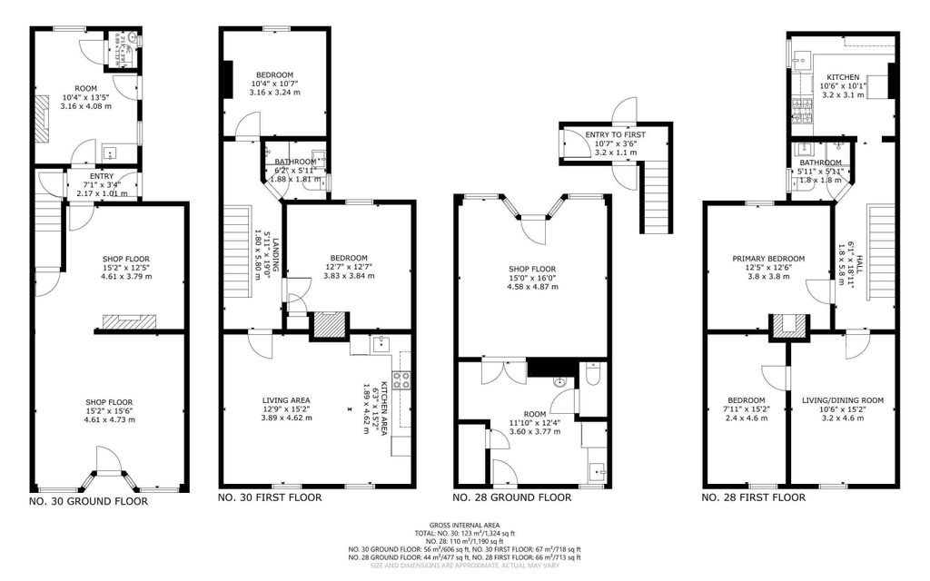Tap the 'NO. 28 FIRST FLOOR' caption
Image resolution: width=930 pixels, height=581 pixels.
click(754, 497)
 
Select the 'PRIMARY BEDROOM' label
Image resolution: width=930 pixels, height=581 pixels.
click(768, 259)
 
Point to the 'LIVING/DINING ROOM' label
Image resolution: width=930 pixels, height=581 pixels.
click(843, 400)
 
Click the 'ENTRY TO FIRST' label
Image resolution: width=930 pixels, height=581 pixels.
click(615, 134)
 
